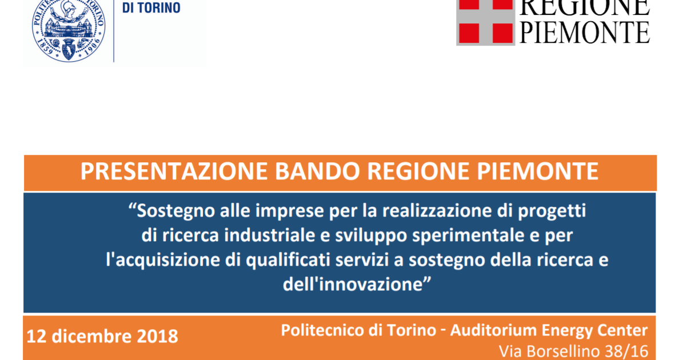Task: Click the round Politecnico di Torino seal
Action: (69, 29)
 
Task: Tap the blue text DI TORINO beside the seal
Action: (151, 8)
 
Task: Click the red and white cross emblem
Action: (485, 22)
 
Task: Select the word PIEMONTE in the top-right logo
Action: (585, 33)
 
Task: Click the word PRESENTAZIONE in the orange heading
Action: (174, 171)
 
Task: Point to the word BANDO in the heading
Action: (317, 171)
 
